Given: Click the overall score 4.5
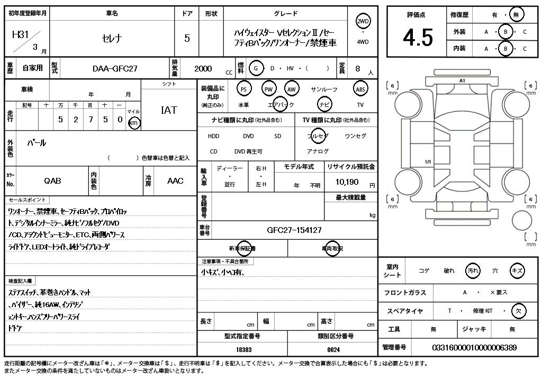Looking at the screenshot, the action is click(x=418, y=37).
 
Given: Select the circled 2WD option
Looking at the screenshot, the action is click(x=363, y=21).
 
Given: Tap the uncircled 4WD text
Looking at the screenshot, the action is click(x=363, y=42).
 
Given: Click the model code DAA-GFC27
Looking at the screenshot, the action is click(x=115, y=68).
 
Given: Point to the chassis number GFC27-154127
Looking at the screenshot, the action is click(x=294, y=230).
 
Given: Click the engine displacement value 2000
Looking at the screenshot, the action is click(x=203, y=68).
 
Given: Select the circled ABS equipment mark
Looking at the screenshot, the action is click(x=360, y=89).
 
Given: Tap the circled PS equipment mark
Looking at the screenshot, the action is click(x=243, y=89).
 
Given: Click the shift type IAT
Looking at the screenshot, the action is click(x=169, y=110).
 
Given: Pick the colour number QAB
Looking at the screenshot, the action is click(x=52, y=181).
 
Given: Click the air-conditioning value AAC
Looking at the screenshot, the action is click(x=175, y=181).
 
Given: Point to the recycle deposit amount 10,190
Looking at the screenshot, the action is click(x=347, y=182).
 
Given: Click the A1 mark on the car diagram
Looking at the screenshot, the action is click(x=462, y=80).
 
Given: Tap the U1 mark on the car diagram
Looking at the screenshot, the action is click(x=428, y=161).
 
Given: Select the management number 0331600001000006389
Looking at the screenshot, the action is click(x=474, y=347).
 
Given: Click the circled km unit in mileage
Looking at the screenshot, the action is click(x=134, y=123).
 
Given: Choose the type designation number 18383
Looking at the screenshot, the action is click(x=243, y=349).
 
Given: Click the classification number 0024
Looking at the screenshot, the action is click(x=333, y=349).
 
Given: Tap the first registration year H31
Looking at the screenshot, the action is click(x=20, y=35).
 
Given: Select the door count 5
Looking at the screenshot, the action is click(x=187, y=38).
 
